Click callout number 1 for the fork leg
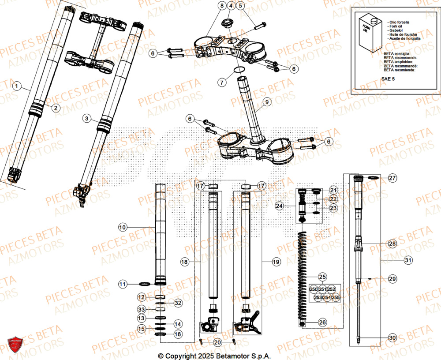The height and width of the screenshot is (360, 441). coord(17,86)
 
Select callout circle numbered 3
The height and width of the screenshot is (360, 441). coord(87,119)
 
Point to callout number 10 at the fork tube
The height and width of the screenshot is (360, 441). coord(122,227)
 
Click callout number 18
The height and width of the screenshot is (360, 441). coord(184,262)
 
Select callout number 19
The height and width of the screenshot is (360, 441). coord(276,262)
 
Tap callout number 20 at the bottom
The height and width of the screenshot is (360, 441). coord(217,342)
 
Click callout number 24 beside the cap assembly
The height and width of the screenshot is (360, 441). coord(279,206)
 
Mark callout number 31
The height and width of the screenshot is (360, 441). coord(408,260)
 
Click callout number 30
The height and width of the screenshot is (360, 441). coord(392,338)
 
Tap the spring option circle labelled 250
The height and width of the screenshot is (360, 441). coord(314,289)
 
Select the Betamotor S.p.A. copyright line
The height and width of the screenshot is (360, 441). coord(214,356)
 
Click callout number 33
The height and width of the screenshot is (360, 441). coord(141,309)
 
